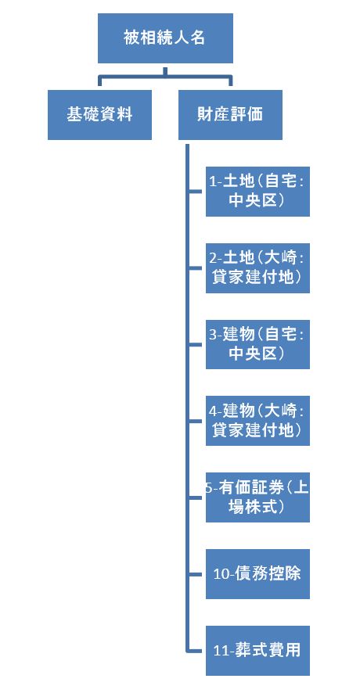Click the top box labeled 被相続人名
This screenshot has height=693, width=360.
[165, 38]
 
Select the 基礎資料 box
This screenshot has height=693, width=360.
[99, 115]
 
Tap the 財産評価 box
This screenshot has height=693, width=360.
[230, 115]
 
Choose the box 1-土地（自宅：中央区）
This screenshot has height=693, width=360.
[257, 192]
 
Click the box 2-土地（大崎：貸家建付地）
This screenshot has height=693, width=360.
[257, 268]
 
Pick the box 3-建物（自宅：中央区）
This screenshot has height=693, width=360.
[257, 344]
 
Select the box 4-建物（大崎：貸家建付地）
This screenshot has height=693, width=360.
[257, 421]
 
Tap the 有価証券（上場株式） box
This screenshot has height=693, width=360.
[257, 497]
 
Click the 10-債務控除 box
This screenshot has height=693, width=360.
[257, 574]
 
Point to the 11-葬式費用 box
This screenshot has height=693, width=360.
[257, 651]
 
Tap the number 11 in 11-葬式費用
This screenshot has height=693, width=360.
[221, 651]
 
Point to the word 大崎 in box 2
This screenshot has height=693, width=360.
[280, 258]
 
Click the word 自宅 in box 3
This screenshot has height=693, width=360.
[280, 335]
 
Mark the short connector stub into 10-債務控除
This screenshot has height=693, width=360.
[196, 574]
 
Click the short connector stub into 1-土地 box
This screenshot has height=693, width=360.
[196, 192]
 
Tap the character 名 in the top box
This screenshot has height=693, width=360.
[198, 38]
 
